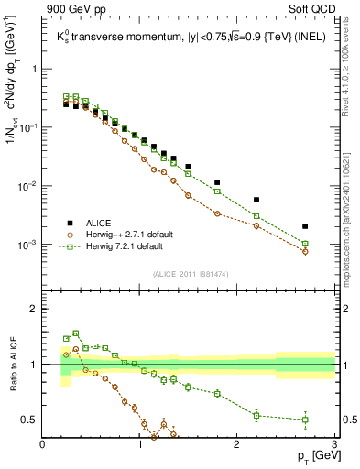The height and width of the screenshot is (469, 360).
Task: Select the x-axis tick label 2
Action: [237, 444]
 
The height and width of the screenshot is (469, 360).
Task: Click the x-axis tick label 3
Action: [334, 444]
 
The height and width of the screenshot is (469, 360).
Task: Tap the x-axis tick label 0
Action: [43, 444]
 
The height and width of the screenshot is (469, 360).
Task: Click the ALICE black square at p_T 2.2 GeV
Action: [256, 200]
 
